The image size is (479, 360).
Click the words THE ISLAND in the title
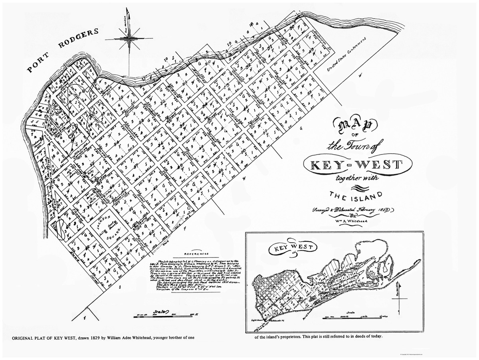[355, 195]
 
